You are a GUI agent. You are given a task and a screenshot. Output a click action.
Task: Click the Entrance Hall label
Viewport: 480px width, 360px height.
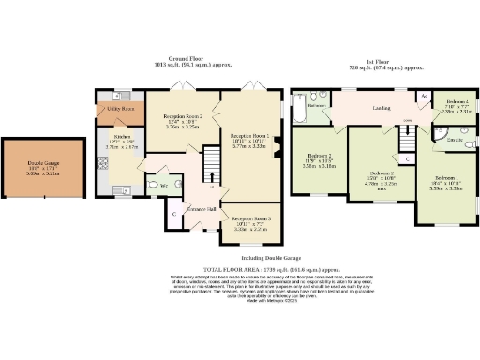coord(202,208)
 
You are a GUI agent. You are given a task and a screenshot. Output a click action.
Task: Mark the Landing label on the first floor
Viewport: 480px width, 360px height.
coord(382,109)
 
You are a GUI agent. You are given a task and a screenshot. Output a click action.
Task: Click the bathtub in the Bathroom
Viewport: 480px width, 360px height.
coord(299,110)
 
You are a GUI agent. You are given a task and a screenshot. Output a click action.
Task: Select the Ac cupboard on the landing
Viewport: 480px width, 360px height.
coord(424,97)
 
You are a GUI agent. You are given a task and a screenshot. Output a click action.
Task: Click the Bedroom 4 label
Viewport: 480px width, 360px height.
coord(457,100)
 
